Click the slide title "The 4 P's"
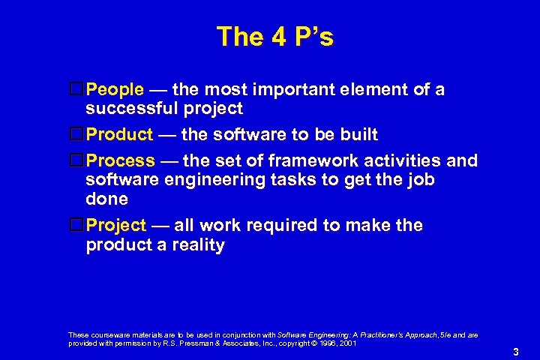click(x=274, y=37)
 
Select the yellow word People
click(x=115, y=90)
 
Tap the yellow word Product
click(x=119, y=135)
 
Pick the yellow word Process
click(x=121, y=161)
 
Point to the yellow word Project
click(x=116, y=226)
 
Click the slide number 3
click(x=516, y=352)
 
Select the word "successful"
click(x=133, y=109)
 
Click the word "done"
click(x=106, y=199)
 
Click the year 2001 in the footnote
click(x=348, y=343)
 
